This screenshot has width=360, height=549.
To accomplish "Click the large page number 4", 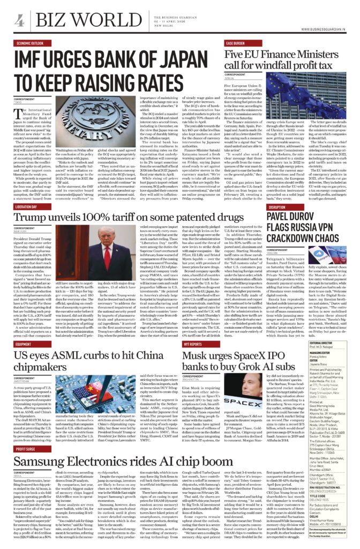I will [x=20, y=21].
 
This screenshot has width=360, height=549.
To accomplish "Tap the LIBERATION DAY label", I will [x=27, y=206].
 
